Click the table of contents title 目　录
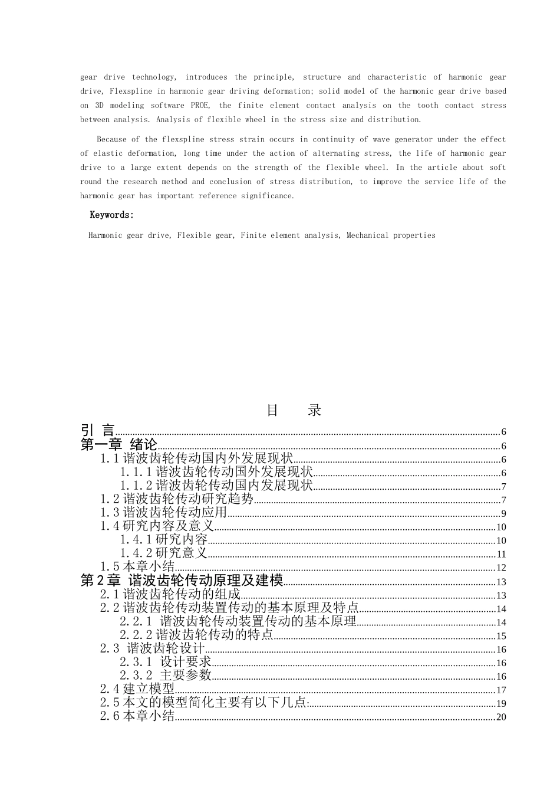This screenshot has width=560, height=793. tap(294, 410)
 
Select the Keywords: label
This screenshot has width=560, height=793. tap(112, 215)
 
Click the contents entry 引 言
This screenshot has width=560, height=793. tap(98, 431)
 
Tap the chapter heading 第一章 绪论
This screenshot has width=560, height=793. tap(118, 445)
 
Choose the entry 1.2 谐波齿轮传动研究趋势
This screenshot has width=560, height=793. tap(177, 499)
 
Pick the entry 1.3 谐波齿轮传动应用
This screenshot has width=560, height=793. tap(163, 513)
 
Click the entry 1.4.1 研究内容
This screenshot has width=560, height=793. tap(164, 540)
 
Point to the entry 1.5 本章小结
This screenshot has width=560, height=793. tap(137, 567)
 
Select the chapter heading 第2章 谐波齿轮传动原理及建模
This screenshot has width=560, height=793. tap(182, 581)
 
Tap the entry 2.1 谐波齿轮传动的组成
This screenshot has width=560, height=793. tap(170, 594)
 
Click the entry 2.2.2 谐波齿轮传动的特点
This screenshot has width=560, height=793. tap(197, 635)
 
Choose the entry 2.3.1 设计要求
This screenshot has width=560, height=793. tap(166, 662)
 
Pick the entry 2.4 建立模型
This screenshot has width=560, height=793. tap(137, 689)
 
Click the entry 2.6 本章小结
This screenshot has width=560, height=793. tap(137, 716)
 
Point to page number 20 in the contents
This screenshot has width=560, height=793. tap(502, 717)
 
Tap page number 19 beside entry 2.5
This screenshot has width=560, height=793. tap(502, 704)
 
